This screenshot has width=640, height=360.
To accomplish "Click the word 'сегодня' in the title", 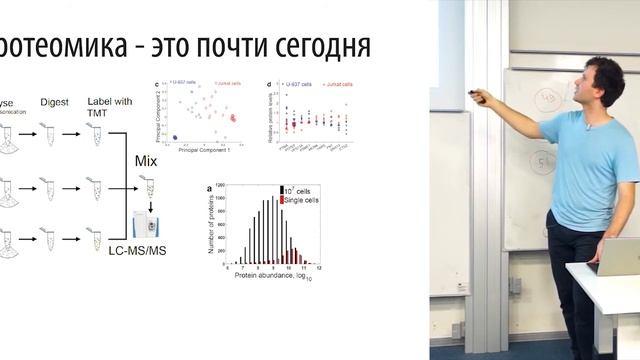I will tap(319, 46).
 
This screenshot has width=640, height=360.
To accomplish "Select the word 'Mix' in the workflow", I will tap(147, 161).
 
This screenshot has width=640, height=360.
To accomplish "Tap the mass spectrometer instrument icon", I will tap(148, 223).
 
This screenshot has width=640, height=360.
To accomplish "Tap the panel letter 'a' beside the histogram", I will tap(208, 188).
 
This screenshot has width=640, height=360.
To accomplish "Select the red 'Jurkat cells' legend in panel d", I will tap(336, 87).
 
